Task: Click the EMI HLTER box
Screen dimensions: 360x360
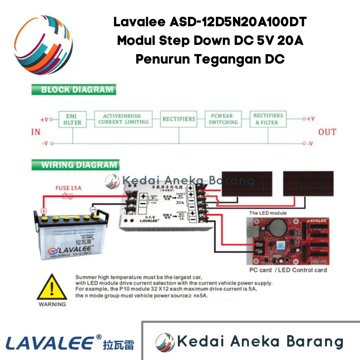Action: pyautogui.click(x=73, y=119)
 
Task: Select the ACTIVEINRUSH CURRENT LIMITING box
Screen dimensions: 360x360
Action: pyautogui.click(x=123, y=119)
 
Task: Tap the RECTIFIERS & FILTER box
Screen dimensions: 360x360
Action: pyautogui.click(x=268, y=119)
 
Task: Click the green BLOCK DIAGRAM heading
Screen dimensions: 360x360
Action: pyautogui.click(x=73, y=89)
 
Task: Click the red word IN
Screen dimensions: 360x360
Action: pyautogui.click(x=36, y=132)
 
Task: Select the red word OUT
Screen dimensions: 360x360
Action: pyautogui.click(x=327, y=132)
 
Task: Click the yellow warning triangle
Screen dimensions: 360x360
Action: pyautogui.click(x=52, y=288)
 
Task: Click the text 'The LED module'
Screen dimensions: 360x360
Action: pyautogui.click(x=268, y=213)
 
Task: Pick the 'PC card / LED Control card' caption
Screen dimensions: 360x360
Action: pyautogui.click(x=288, y=270)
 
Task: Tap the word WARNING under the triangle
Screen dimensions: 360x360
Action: pyautogui.click(x=52, y=304)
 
